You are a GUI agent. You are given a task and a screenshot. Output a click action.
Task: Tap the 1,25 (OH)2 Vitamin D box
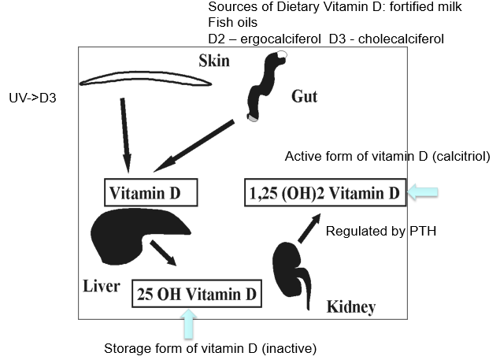point(325,191)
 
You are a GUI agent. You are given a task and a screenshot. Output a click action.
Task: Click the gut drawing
point(265,87)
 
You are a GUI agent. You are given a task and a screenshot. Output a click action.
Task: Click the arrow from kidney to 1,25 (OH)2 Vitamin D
point(308,225)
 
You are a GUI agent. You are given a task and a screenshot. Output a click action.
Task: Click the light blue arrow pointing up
point(189,323)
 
